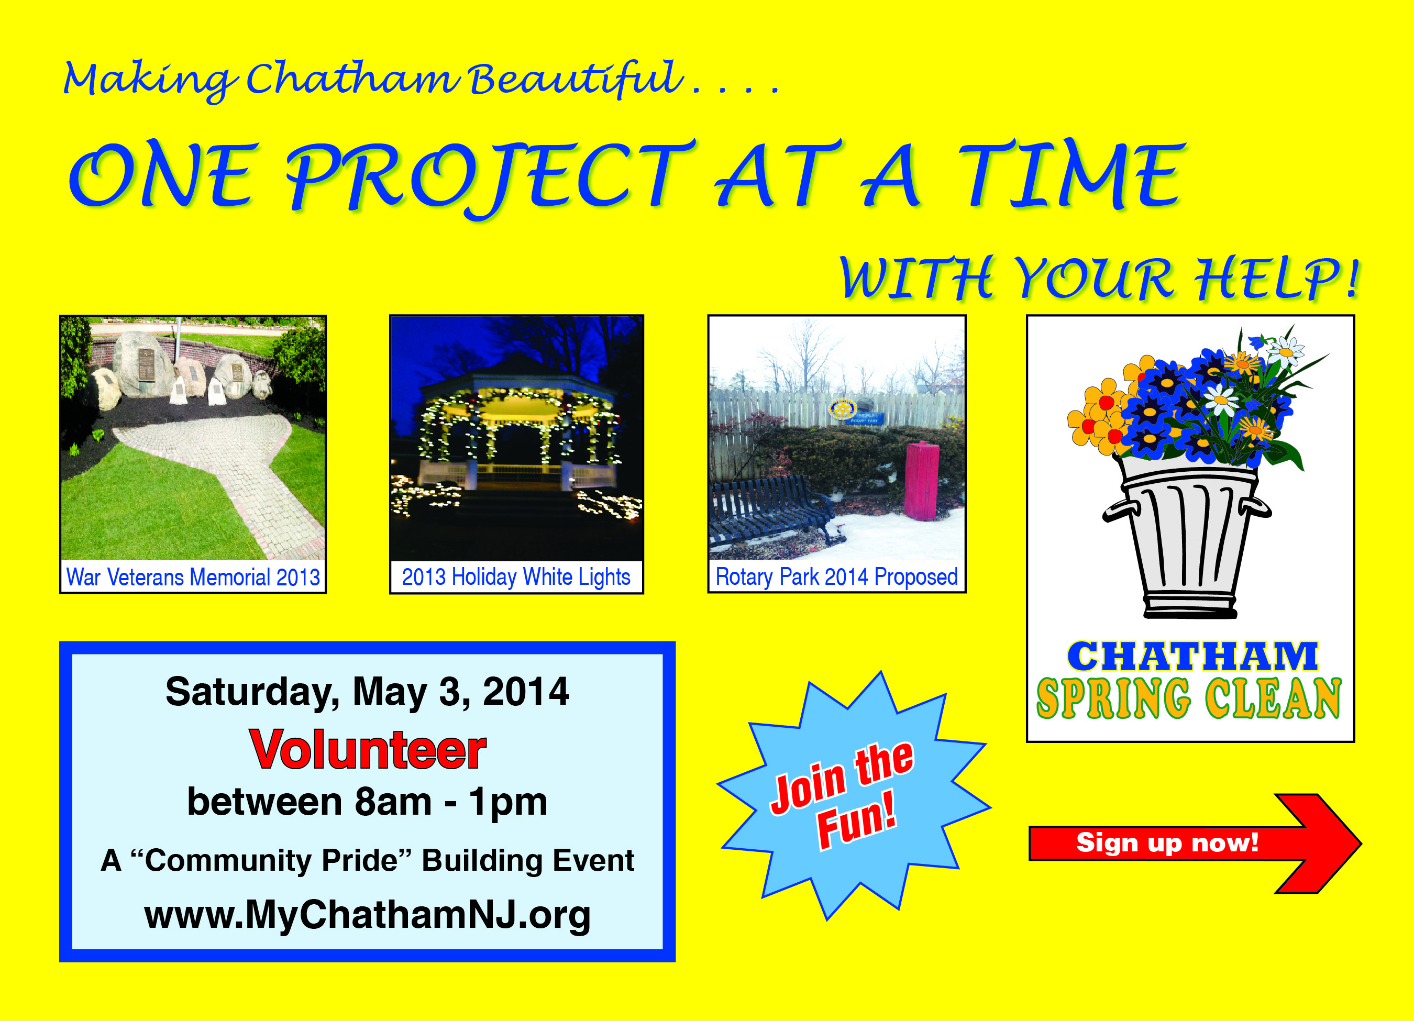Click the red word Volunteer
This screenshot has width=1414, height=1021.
(x=368, y=750)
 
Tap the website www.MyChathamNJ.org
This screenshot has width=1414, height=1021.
(x=367, y=915)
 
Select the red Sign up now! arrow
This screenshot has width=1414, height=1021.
(x=1195, y=844)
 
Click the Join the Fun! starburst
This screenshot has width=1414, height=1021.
(x=854, y=795)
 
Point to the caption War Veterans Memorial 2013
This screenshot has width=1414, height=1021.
(x=193, y=577)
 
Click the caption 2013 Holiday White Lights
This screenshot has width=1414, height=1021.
(x=516, y=577)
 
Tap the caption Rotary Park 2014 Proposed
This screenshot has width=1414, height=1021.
(x=837, y=577)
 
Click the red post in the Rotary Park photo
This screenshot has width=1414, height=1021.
(x=922, y=481)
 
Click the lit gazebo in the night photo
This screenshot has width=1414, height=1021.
(x=517, y=430)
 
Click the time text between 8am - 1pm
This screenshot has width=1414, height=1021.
(x=367, y=802)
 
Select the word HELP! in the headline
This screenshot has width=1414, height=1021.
(x=1276, y=278)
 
